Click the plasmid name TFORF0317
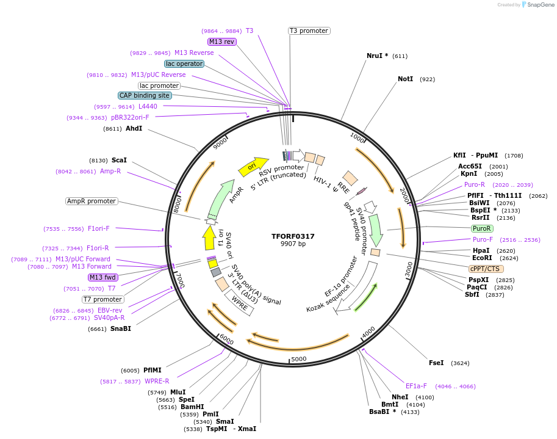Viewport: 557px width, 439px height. coord(293,236)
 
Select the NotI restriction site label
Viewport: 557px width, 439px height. coord(405,79)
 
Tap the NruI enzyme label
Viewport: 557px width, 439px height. coord(374,56)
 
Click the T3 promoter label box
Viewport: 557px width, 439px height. coord(309,31)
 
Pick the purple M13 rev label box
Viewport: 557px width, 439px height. coord(221,42)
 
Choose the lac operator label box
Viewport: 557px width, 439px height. coord(184,63)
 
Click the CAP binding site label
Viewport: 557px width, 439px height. coord(145,95)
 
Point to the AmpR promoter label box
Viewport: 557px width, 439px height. coord(91,201)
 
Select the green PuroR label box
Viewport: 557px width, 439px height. coord(481,228)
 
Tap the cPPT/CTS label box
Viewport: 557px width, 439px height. coord(486,269)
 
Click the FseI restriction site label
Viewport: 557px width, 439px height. coord(436,363)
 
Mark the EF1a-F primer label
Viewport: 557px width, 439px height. coord(416,386)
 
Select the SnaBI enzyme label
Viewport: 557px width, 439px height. coord(121,328)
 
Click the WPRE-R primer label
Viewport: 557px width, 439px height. coord(157,381)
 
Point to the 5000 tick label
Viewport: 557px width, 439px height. coord(298,359)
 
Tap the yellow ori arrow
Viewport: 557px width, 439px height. coord(253,165)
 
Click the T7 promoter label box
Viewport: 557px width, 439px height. coord(103,299)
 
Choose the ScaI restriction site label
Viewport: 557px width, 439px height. coord(119,160)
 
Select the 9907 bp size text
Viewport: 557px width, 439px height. coord(293,244)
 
